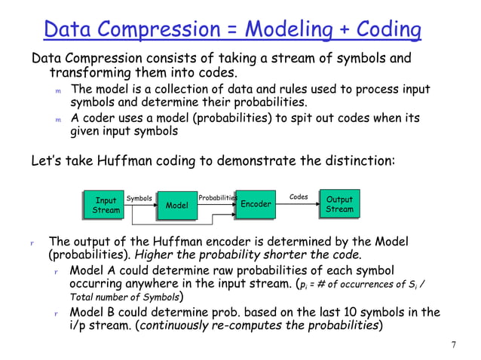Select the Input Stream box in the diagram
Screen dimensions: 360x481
click(106, 205)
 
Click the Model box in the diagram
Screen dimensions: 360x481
click(176, 205)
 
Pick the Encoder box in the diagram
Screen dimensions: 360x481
click(256, 204)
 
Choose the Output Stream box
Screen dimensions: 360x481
click(339, 204)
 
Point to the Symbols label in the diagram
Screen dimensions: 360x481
click(139, 199)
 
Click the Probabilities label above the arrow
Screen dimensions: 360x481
click(217, 198)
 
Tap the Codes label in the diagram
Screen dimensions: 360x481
click(299, 197)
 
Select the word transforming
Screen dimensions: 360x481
click(91, 73)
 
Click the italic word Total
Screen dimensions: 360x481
click(84, 297)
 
